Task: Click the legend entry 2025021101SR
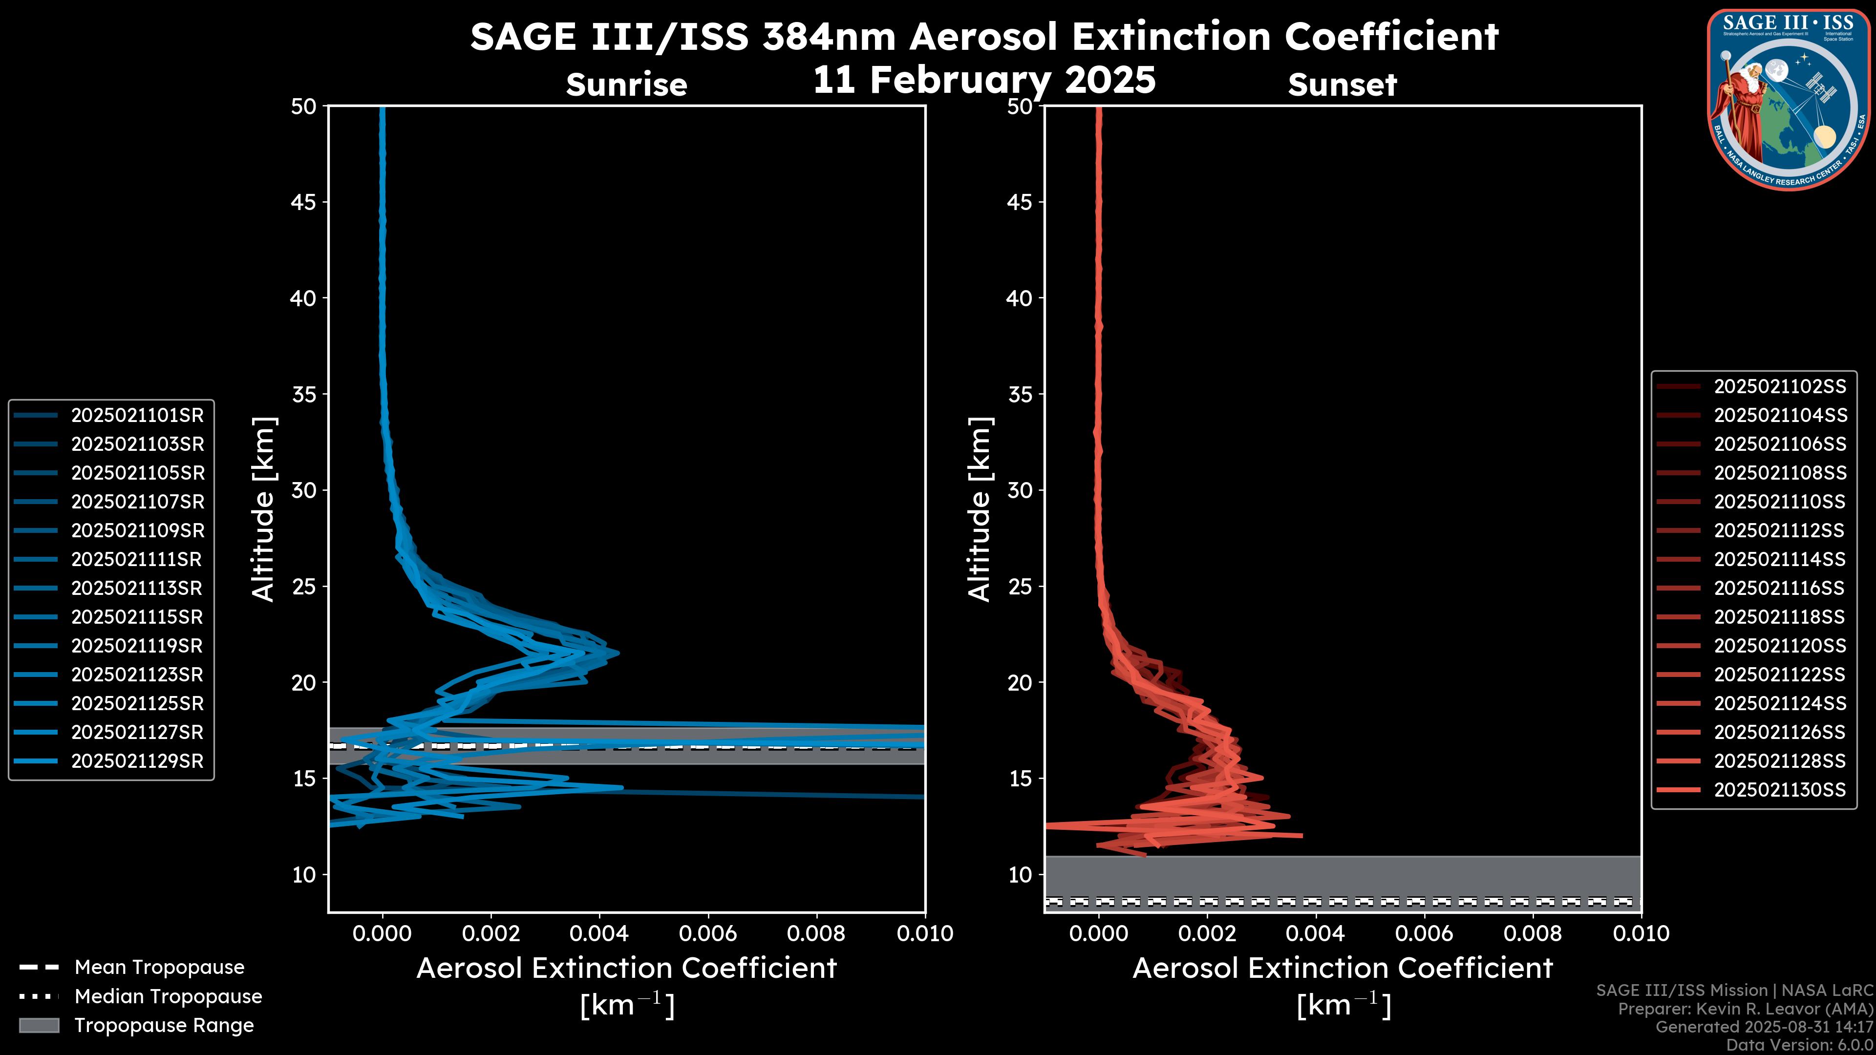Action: pyautogui.click(x=137, y=415)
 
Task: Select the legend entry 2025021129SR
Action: pyautogui.click(x=137, y=761)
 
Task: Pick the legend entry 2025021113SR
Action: pyautogui.click(x=137, y=588)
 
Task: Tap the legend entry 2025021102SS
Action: pyautogui.click(x=1780, y=386)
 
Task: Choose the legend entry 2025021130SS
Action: pyautogui.click(x=1780, y=789)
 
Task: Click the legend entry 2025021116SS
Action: pyautogui.click(x=1780, y=588)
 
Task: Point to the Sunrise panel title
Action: pyautogui.click(x=626, y=84)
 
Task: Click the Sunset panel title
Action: pyautogui.click(x=1342, y=84)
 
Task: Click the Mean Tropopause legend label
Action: pyautogui.click(x=159, y=967)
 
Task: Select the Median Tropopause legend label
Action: pyautogui.click(x=168, y=996)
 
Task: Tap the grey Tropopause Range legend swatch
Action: pyautogui.click(x=39, y=1025)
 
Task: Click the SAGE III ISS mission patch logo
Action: pyautogui.click(x=1787, y=98)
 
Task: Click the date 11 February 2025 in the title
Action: pyautogui.click(x=984, y=79)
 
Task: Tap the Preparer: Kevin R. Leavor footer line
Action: pyautogui.click(x=1746, y=1009)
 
